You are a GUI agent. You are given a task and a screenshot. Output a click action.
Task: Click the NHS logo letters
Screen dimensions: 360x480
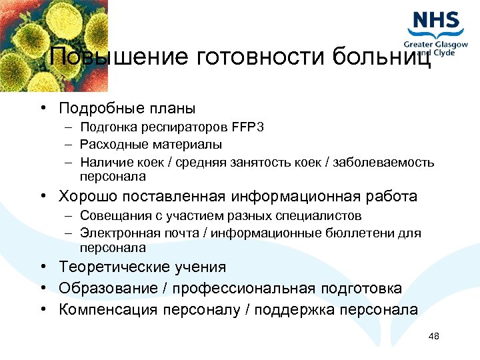(x=436, y=21)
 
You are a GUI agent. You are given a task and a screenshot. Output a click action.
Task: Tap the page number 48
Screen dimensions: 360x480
(x=434, y=336)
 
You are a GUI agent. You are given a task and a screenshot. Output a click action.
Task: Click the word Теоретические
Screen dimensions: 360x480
(x=113, y=267)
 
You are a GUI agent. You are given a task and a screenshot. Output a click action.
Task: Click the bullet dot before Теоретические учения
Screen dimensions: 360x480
(x=42, y=267)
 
